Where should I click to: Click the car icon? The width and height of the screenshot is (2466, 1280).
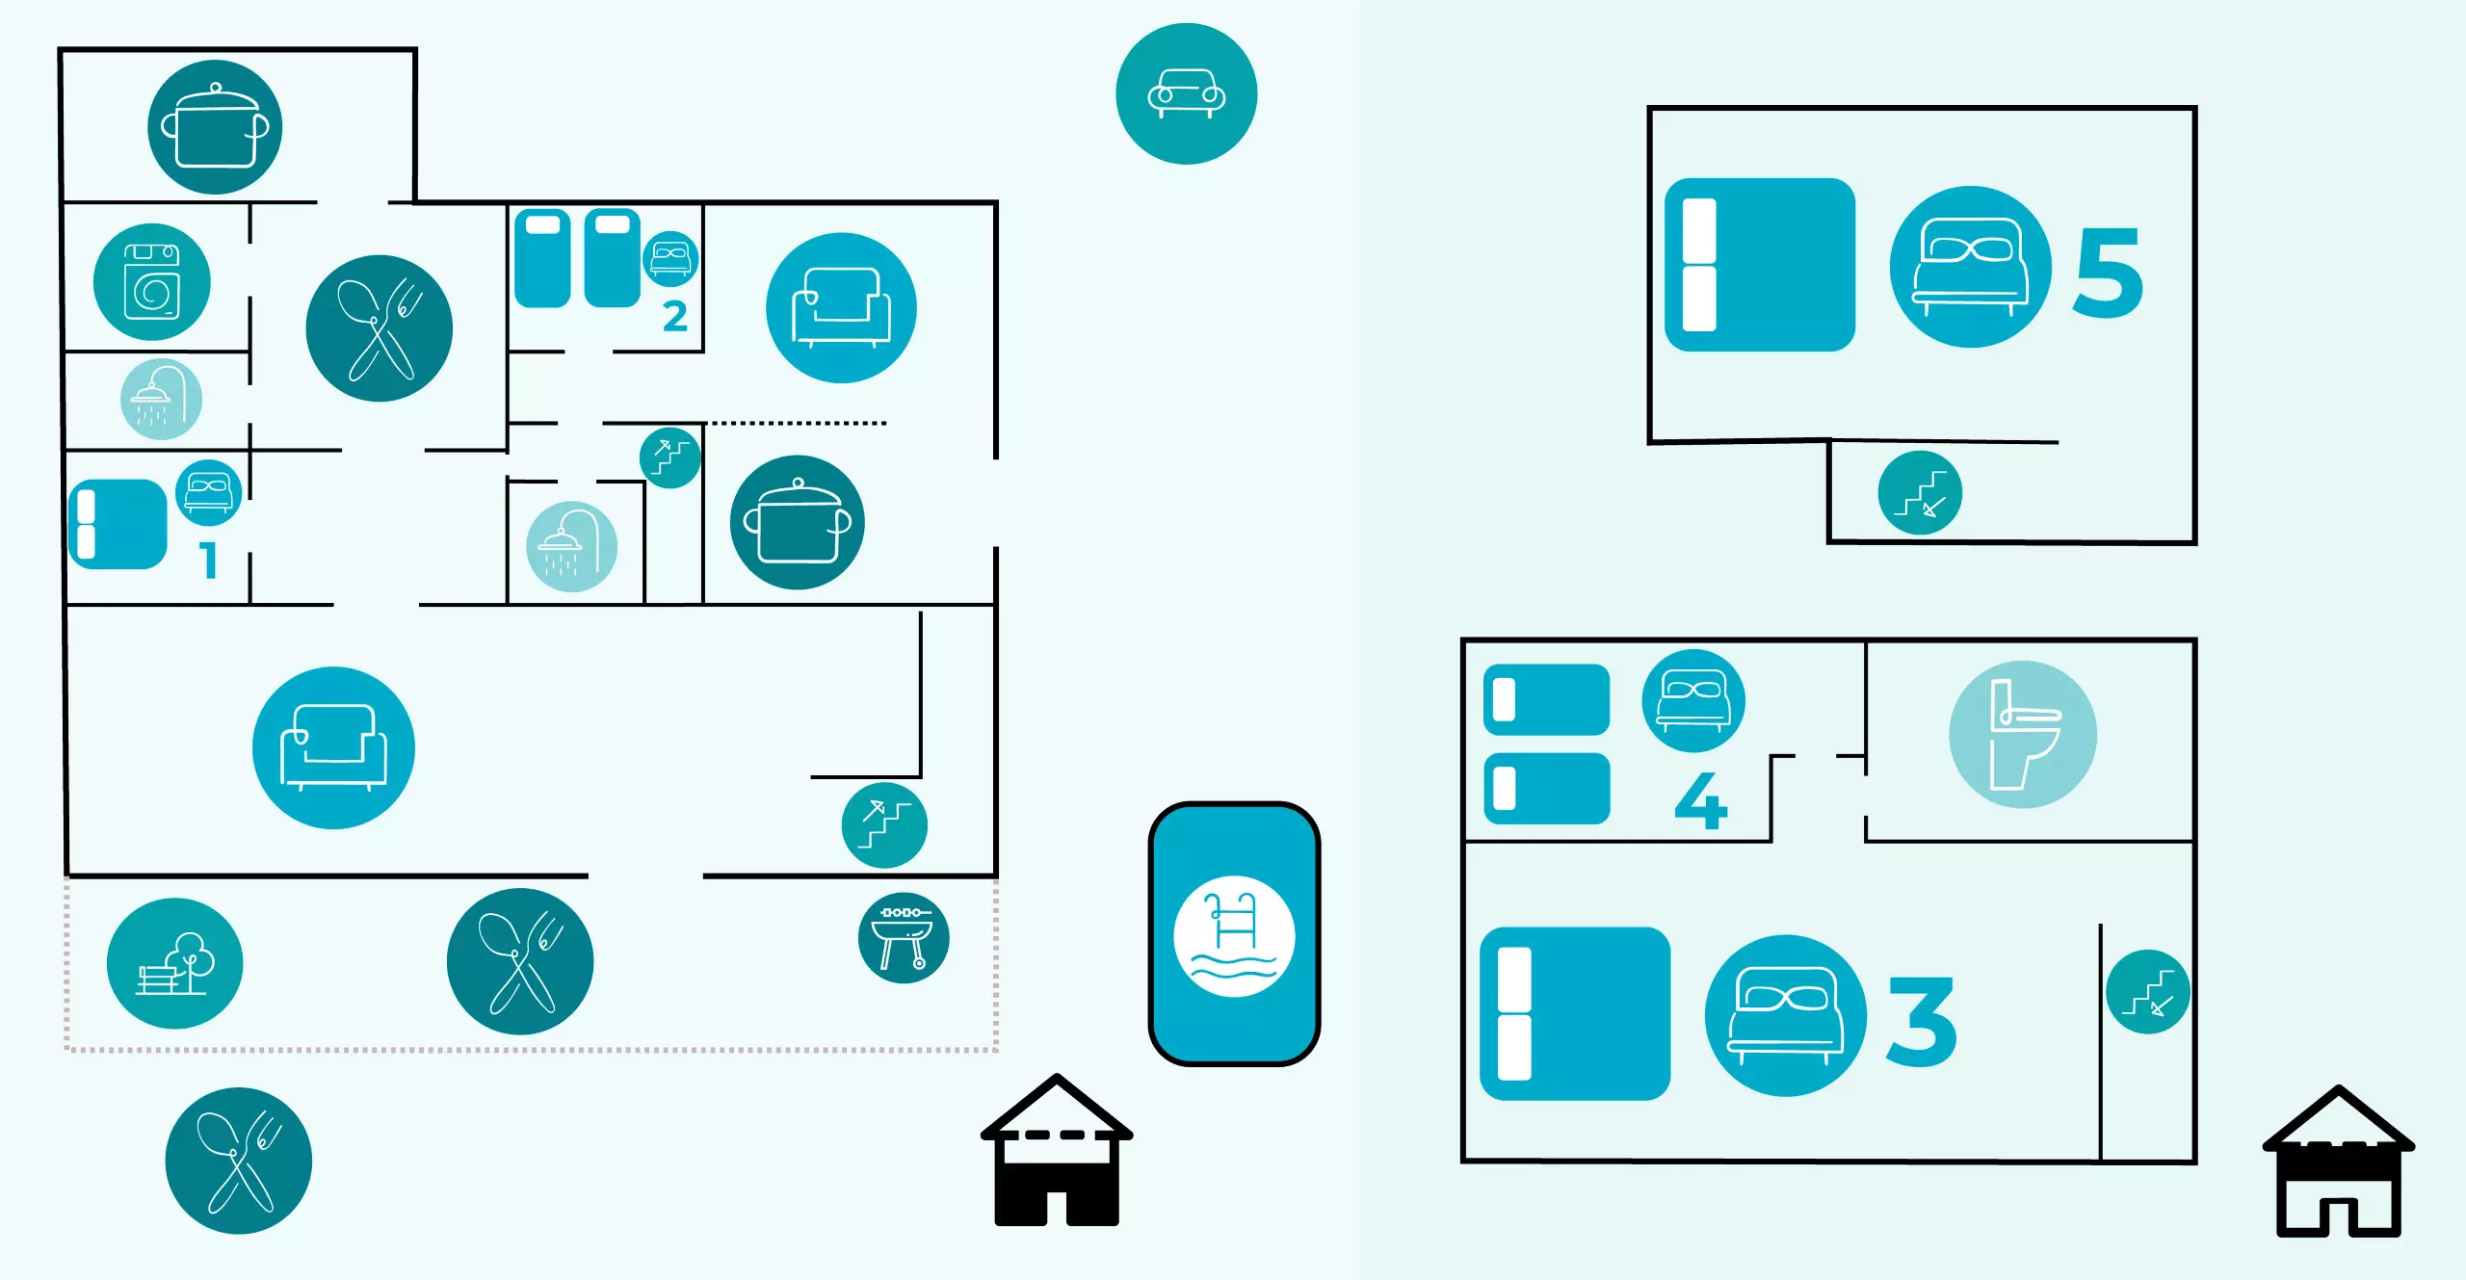[1186, 94]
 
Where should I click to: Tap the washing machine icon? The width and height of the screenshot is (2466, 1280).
[152, 282]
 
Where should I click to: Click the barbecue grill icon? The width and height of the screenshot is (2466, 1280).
[904, 938]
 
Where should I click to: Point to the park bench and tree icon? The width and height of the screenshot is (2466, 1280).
[174, 963]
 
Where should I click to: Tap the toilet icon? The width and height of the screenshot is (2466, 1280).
[2022, 734]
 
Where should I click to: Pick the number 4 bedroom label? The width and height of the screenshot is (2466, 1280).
[1701, 800]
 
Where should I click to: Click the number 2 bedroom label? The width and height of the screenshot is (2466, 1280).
[675, 317]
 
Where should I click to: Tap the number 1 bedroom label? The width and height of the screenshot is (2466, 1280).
[209, 560]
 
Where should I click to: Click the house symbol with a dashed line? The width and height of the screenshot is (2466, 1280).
[1057, 1151]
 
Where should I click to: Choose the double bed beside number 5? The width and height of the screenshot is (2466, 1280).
[1760, 265]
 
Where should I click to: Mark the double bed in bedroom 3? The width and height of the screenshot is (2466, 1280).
[1575, 1013]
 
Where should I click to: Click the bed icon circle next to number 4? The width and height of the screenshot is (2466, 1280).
[1692, 700]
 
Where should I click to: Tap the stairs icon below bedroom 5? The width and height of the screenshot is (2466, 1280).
[1920, 493]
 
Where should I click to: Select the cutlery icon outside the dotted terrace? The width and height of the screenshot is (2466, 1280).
[238, 1161]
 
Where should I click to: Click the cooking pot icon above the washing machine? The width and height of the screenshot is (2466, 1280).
[215, 127]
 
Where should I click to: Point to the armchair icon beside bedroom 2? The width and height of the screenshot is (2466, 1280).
[841, 308]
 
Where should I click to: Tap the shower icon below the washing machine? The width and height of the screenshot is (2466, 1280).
[161, 399]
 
